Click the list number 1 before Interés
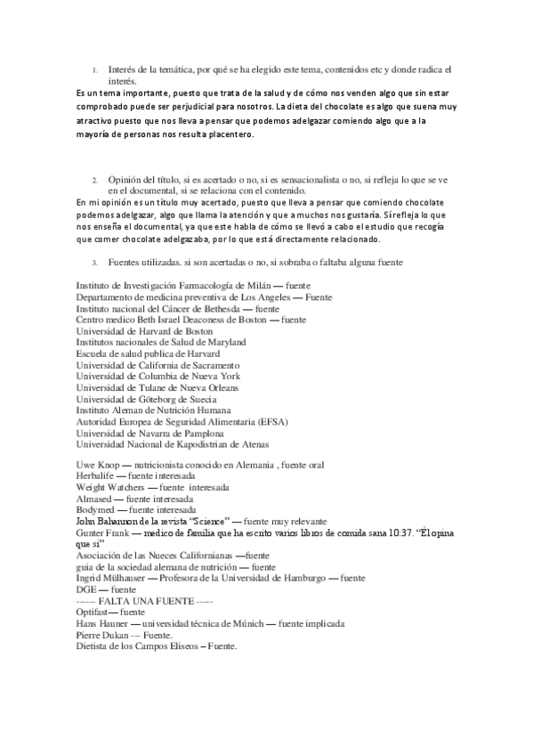tap(95, 69)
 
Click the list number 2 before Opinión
tap(95, 179)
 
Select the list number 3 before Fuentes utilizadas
tap(95, 263)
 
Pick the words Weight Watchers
tap(109, 488)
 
